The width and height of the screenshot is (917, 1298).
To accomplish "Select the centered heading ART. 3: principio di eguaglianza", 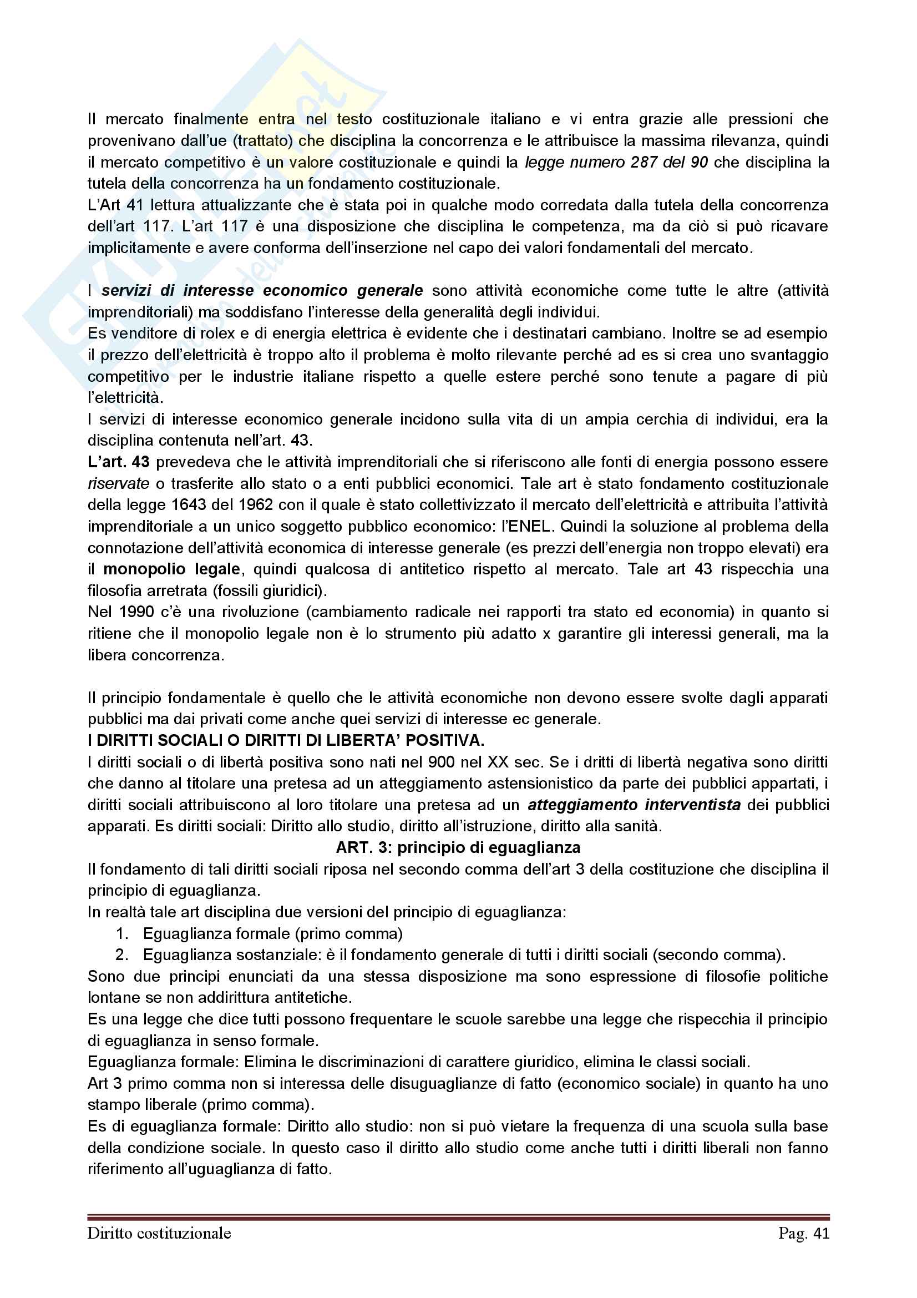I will coord(458,847).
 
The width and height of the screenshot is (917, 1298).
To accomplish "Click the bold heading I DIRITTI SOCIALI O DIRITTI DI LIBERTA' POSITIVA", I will coord(286,740).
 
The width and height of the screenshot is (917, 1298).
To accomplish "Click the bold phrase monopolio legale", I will coord(172,569).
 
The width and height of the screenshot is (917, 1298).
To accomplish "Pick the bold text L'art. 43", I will coord(118,462).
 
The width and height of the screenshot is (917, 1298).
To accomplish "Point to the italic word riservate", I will coord(118,483).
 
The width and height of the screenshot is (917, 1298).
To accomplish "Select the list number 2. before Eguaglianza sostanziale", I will coord(122,955).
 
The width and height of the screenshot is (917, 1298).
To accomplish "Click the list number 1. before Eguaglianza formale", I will coord(122,933).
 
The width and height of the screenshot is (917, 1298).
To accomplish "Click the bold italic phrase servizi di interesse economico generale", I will coord(262,291).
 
